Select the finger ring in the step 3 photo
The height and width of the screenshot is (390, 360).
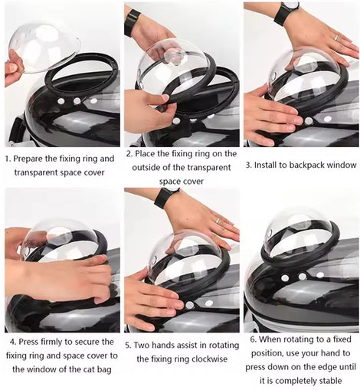click(336, 38)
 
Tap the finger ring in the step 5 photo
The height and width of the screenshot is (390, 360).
click(217, 221)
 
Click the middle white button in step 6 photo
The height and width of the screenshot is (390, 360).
click(303, 276)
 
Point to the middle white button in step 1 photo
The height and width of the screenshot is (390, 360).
click(77, 101)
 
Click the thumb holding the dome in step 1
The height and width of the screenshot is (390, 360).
click(14, 68)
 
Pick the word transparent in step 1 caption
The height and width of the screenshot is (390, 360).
click(34, 172)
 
